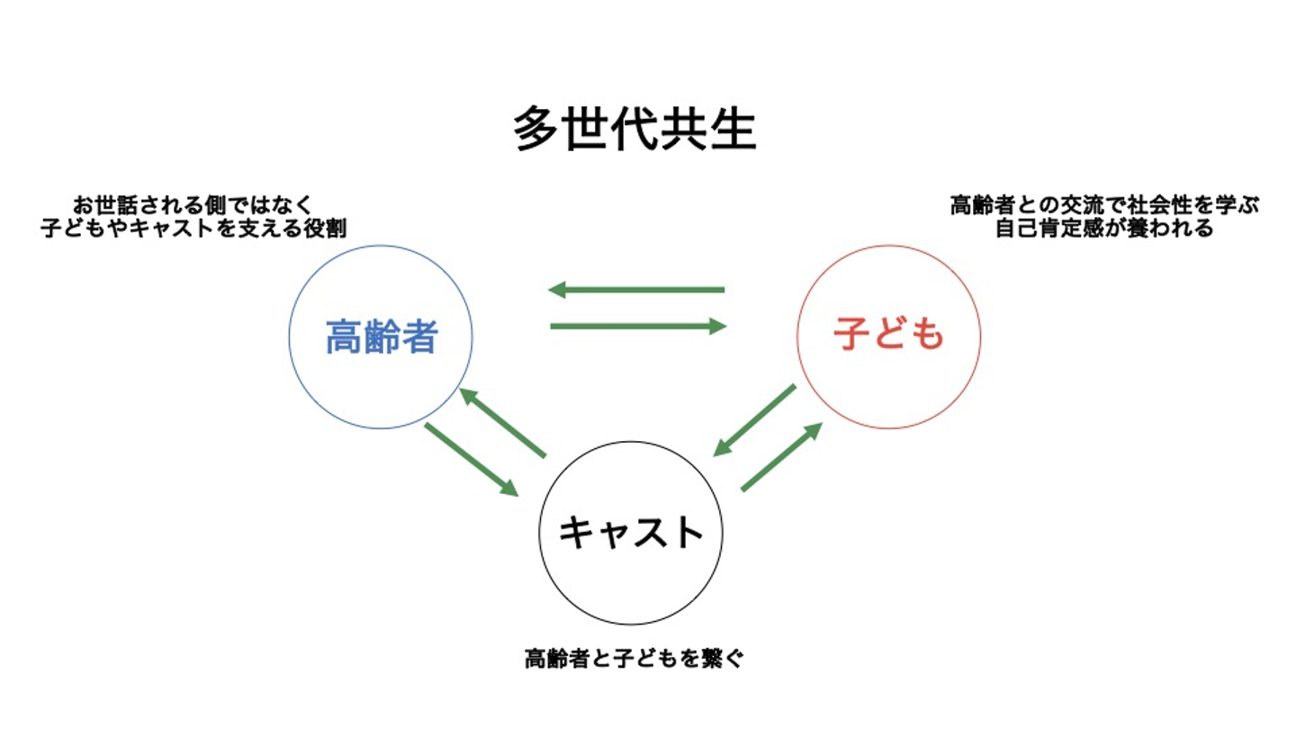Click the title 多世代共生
tap(635, 130)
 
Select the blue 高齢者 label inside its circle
tap(381, 338)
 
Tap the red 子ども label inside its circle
tap(888, 335)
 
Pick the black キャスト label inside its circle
tap(630, 532)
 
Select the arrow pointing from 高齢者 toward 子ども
tap(638, 326)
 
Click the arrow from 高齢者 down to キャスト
tap(471, 459)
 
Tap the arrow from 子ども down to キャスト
tap(754, 420)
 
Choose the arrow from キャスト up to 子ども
tap(782, 456)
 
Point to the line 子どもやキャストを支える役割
tap(193, 229)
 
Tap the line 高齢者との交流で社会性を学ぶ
tap(1104, 206)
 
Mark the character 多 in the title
tap(533, 131)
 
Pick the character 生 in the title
tap(734, 131)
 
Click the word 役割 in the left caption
tap(328, 229)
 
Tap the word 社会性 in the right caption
tap(1167, 206)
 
